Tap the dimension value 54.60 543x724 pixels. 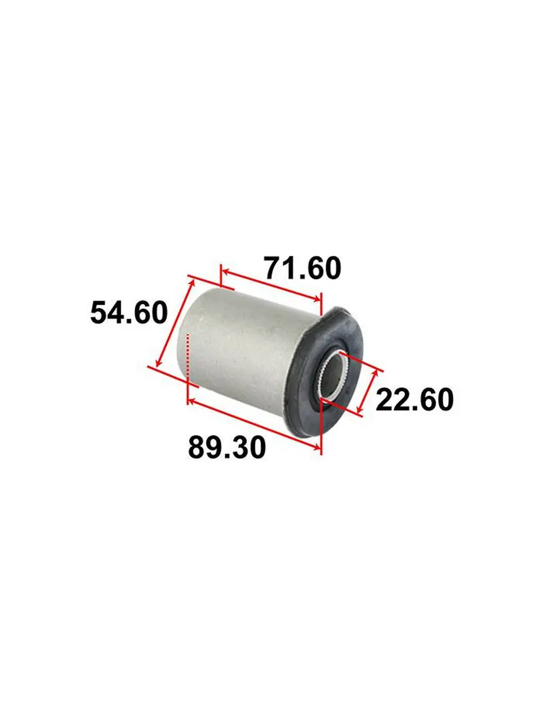click(129, 312)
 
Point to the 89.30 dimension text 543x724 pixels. click(227, 447)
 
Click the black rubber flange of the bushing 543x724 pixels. click(325, 373)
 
